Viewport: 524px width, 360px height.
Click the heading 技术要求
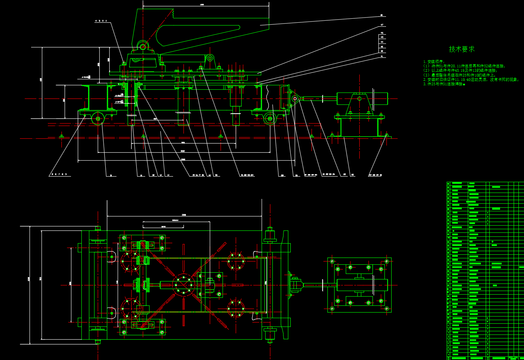[x=462, y=49]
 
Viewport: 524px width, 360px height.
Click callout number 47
[x=382, y=25]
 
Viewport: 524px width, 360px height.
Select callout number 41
[x=382, y=56]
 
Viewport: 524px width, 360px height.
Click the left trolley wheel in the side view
[x=97, y=118]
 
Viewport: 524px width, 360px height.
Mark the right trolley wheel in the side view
[x=270, y=118]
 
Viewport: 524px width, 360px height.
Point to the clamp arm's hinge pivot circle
[x=142, y=46]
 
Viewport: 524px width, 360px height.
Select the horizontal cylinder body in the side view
[x=362, y=98]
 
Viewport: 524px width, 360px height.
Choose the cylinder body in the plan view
[x=362, y=285]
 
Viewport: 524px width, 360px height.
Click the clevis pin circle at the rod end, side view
[x=295, y=98]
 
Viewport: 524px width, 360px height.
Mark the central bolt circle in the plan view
[x=183, y=285]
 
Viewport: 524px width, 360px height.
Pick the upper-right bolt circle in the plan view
[x=236, y=262]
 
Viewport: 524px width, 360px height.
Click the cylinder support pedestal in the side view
[x=359, y=126]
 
